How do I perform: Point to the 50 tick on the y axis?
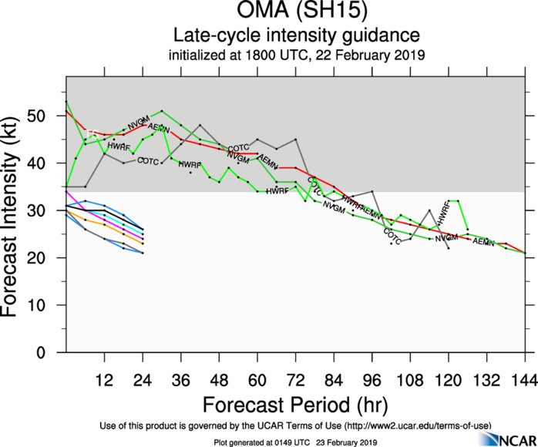[x=51, y=116]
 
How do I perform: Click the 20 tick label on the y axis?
[x=51, y=258]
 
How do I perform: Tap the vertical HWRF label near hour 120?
[x=442, y=214]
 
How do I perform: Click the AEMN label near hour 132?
[x=483, y=243]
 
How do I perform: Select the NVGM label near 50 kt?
[x=138, y=123]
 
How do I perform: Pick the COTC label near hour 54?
[x=239, y=148]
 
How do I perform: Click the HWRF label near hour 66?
[x=277, y=190]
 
